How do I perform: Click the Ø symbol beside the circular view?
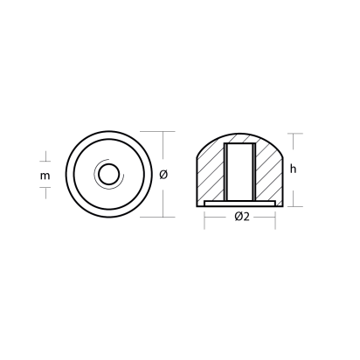[164, 175]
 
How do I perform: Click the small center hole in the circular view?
[107, 175]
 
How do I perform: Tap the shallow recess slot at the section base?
[242, 203]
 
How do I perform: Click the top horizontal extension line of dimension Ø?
[151, 132]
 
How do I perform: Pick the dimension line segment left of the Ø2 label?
[218, 218]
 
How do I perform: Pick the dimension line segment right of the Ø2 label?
[267, 218]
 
